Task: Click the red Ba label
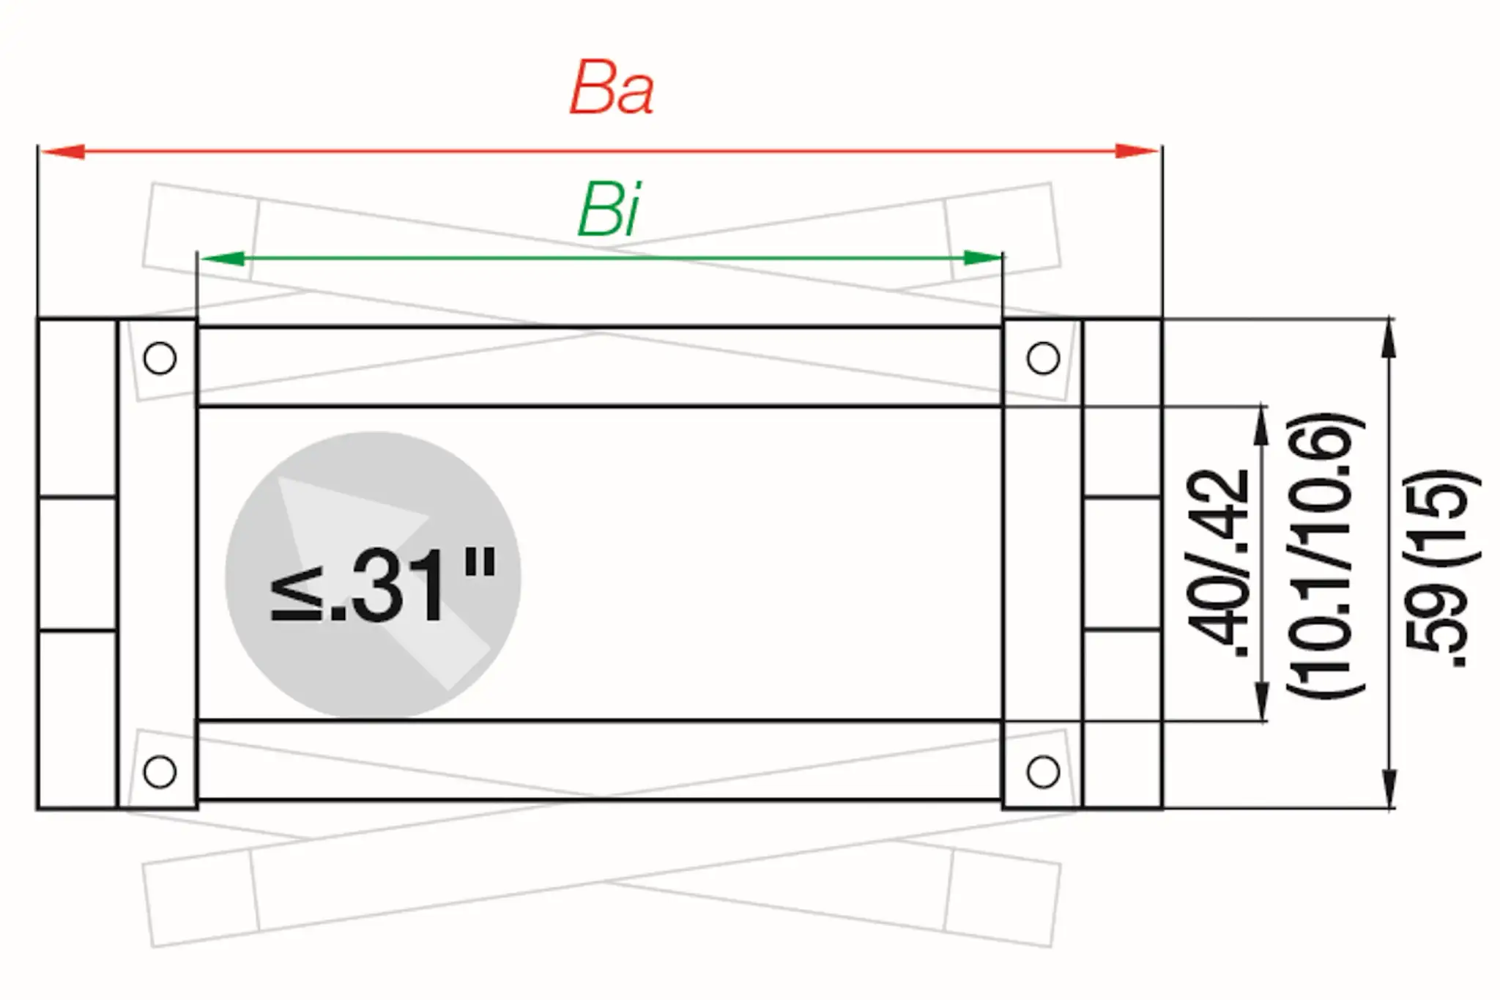click(x=612, y=89)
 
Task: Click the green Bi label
click(x=609, y=210)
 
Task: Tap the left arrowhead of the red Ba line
click(x=63, y=152)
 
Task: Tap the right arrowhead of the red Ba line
click(x=1136, y=152)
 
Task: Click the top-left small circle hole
click(x=160, y=358)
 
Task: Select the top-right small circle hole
click(x=1043, y=358)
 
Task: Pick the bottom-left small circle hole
click(x=160, y=771)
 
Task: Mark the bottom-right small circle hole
click(x=1043, y=771)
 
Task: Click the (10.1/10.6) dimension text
click(x=1324, y=557)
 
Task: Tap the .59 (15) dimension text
click(x=1439, y=568)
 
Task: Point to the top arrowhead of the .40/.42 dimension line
click(x=1261, y=425)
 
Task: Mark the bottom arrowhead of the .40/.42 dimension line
click(x=1261, y=701)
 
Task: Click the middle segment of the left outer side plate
click(x=77, y=563)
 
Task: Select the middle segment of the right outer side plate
click(x=1122, y=563)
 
